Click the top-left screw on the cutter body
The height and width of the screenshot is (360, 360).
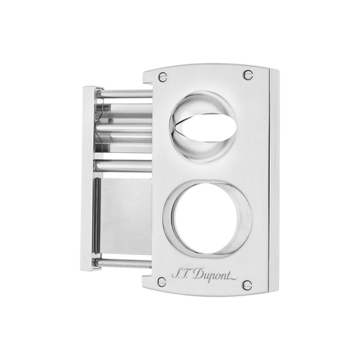click(x=163, y=77)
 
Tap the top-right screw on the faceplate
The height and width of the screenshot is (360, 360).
click(x=248, y=74)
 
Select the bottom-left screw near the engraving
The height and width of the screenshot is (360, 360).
click(x=162, y=282)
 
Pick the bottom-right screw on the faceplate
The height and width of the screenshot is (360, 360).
click(x=247, y=284)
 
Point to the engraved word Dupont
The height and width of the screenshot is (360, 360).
click(x=211, y=274)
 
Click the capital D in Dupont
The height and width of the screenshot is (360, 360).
click(x=198, y=274)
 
